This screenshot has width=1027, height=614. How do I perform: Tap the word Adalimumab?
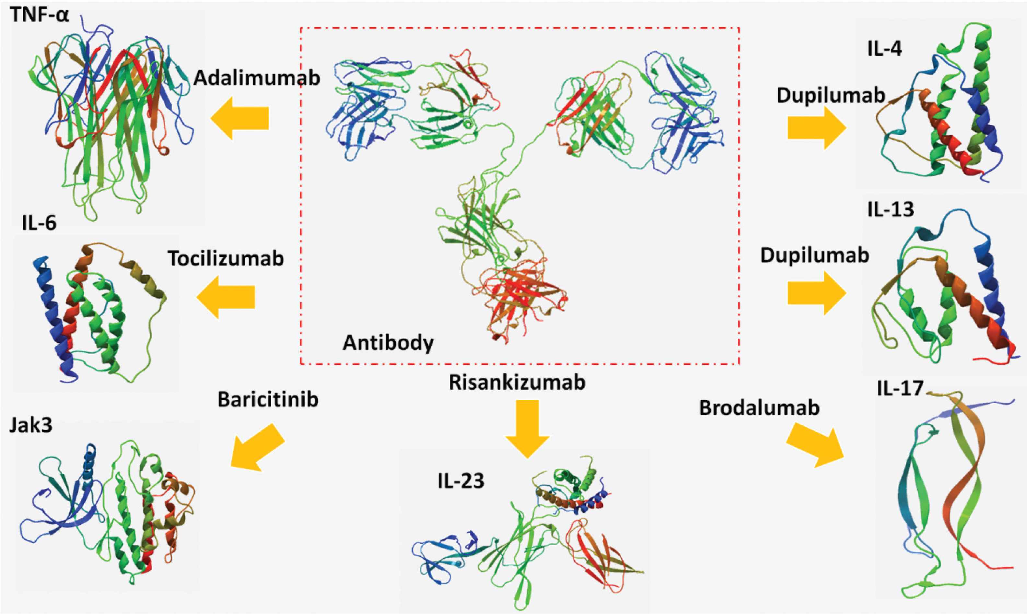pos(256,78)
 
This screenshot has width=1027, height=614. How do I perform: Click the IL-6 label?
pos(39,223)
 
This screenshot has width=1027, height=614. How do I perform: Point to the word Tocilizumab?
pos(226,259)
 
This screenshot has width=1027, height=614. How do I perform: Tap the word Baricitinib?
pos(268,400)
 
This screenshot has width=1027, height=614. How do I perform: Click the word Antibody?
pos(388,343)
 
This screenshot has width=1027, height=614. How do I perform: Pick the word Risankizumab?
pos(517,382)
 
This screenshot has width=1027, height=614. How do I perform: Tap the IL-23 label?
pos(461,481)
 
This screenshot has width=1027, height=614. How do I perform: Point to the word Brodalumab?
pos(759,408)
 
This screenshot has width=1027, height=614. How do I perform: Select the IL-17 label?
pos(900,388)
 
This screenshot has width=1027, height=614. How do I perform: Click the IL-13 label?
pos(890,209)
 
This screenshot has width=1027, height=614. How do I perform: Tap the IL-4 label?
pos(885,49)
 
